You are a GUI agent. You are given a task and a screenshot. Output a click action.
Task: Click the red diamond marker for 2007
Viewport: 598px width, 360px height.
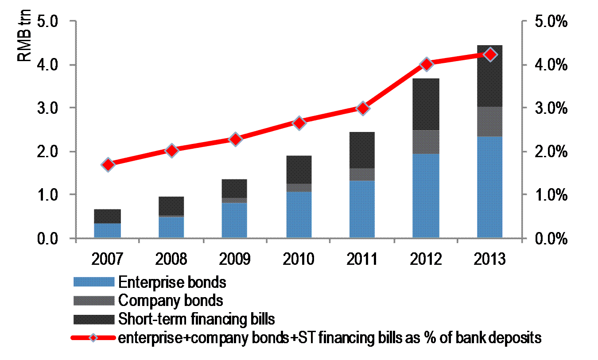[108, 165]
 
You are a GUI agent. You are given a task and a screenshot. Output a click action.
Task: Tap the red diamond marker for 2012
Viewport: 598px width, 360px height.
[426, 64]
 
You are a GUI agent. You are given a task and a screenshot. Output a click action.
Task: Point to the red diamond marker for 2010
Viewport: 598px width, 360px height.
[299, 123]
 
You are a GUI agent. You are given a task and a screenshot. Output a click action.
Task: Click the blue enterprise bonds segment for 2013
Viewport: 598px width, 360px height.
[489, 187]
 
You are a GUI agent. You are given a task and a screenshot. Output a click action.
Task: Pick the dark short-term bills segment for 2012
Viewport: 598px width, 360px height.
[426, 104]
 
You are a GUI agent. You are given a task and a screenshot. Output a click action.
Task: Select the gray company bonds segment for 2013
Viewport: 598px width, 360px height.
[489, 121]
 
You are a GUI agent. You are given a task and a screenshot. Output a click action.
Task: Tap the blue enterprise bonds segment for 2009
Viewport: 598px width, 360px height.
[235, 220]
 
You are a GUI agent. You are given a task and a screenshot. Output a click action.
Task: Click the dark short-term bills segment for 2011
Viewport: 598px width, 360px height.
[362, 150]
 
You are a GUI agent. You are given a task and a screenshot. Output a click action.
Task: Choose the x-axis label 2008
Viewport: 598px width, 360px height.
[171, 259]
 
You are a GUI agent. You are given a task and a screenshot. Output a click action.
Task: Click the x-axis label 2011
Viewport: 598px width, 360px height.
[362, 259]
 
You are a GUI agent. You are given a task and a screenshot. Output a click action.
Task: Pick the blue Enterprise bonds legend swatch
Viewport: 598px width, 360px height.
[93, 282]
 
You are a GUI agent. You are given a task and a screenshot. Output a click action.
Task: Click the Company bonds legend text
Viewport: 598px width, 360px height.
[171, 301]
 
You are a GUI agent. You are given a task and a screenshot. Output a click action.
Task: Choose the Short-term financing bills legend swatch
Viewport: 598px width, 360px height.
[93, 319]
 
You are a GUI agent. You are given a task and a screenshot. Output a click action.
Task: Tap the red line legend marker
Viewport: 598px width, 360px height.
[93, 338]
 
